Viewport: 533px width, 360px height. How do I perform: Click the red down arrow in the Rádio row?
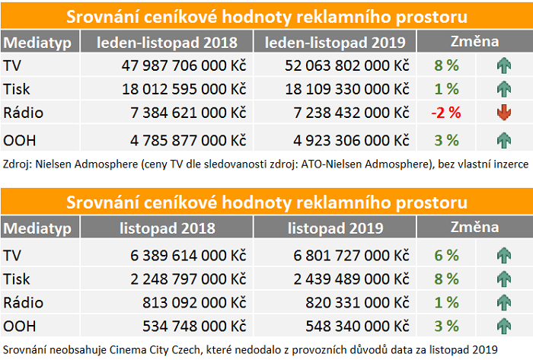click(x=503, y=113)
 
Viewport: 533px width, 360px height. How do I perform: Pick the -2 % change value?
click(x=445, y=113)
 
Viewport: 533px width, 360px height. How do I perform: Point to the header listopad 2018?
click(x=168, y=228)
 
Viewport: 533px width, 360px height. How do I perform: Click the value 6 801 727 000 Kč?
click(x=347, y=253)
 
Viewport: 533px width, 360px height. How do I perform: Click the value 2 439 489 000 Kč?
click(x=347, y=279)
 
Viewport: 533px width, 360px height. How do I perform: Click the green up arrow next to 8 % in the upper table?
click(x=503, y=65)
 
